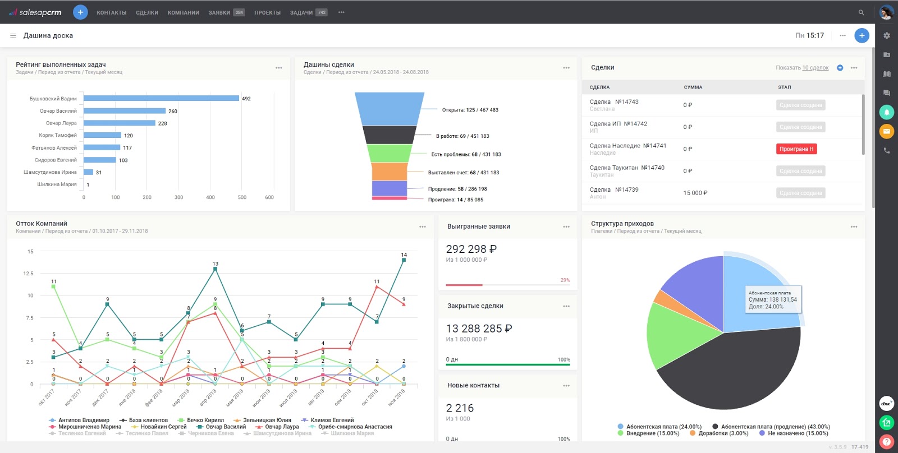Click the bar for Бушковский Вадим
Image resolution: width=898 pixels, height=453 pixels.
(162, 98)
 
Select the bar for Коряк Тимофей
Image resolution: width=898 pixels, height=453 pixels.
(103, 135)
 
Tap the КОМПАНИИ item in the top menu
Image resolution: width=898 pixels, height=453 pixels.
(183, 12)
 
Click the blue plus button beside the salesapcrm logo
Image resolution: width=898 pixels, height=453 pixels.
(80, 12)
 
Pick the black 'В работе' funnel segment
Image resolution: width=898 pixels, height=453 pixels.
(388, 135)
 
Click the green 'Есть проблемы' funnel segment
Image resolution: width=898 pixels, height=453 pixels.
(389, 153)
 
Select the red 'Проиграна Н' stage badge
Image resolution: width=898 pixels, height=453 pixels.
(796, 149)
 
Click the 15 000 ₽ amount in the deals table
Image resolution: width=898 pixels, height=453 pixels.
(695, 193)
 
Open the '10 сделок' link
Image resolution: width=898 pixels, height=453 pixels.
(815, 68)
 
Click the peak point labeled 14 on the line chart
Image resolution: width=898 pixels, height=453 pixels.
(404, 260)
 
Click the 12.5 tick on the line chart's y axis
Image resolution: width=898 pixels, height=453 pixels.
(28, 274)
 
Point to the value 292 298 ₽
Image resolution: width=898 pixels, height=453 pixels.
(471, 249)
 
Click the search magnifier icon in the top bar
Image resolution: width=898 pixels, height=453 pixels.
(861, 12)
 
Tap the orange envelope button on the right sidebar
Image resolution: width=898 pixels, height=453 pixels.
(886, 132)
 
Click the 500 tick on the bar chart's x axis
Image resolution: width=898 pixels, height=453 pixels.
(242, 197)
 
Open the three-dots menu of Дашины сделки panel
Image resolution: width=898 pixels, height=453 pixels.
(566, 68)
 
